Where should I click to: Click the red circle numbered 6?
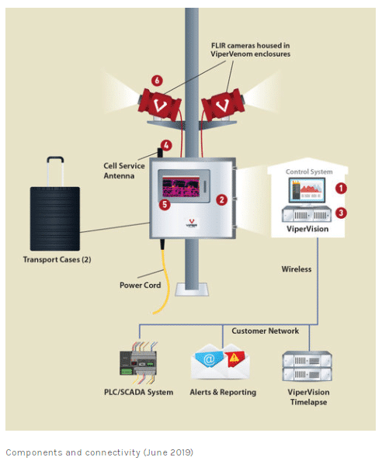[157, 80]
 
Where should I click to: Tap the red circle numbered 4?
[166, 145]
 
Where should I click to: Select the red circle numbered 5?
[165, 205]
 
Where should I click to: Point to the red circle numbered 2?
[222, 199]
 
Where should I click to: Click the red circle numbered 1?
[341, 189]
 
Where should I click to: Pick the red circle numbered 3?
[341, 213]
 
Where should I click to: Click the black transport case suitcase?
[55, 218]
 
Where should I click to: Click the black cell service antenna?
[160, 153]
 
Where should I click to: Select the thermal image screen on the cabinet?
[181, 187]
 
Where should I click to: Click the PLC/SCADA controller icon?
[138, 363]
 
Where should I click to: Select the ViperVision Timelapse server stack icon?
[307, 366]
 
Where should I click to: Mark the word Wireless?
[297, 269]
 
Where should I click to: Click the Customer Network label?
[265, 331]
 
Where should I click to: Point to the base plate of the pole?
[192, 289]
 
